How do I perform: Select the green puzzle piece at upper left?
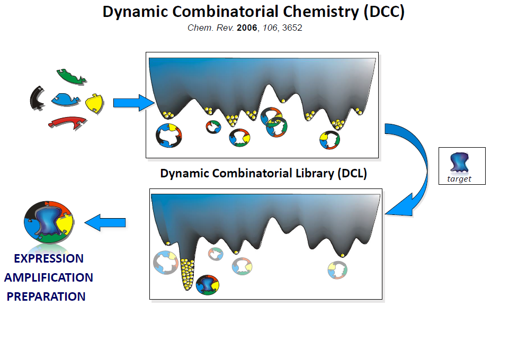(71, 76)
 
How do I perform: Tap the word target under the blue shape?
(459, 179)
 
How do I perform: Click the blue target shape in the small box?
(459, 162)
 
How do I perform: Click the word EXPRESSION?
(49, 258)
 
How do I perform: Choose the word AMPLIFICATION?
(49, 277)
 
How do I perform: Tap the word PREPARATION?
(46, 296)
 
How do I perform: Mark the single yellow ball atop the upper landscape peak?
(283, 101)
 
